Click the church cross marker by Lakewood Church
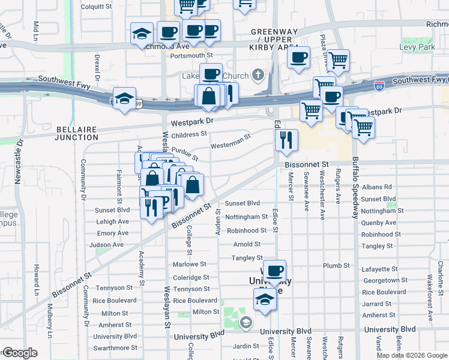[x=258, y=76]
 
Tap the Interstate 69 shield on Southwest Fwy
[x=379, y=85]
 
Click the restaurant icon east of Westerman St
[x=286, y=140]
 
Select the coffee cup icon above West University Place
[x=274, y=271]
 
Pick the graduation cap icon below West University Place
[x=264, y=299]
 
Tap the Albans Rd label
[x=376, y=187]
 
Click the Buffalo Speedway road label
[x=355, y=187]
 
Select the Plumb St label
[x=336, y=265]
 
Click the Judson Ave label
[x=106, y=245]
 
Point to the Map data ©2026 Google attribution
[x=412, y=355]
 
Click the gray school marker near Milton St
[x=246, y=323]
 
